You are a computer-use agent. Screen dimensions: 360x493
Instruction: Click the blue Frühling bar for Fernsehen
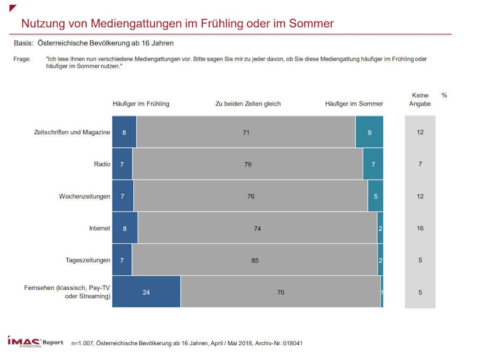146,292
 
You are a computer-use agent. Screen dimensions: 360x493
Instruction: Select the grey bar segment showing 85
255,260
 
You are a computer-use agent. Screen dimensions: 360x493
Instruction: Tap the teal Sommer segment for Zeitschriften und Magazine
369,132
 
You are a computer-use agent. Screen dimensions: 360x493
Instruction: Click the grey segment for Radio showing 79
248,164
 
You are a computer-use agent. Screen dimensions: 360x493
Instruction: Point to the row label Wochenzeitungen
84,196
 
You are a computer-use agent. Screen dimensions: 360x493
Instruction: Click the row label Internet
99,228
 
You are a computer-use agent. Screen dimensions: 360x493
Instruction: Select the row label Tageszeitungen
88,260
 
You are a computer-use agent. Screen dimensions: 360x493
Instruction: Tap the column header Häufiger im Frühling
141,104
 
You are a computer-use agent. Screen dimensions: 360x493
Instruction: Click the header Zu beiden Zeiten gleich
248,104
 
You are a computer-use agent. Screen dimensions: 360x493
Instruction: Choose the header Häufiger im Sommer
354,104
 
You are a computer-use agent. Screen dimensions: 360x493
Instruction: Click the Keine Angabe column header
420,99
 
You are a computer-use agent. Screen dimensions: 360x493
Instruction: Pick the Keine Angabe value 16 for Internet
420,228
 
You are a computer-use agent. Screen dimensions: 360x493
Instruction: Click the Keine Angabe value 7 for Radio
420,164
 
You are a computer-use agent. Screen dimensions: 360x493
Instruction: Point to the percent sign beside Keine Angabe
444,95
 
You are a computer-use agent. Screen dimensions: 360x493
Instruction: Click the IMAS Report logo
35,341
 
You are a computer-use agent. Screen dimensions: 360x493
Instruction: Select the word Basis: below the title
23,43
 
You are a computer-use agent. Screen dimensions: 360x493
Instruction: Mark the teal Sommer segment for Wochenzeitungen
375,196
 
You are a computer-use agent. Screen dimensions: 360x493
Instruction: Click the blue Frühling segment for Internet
124,228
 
